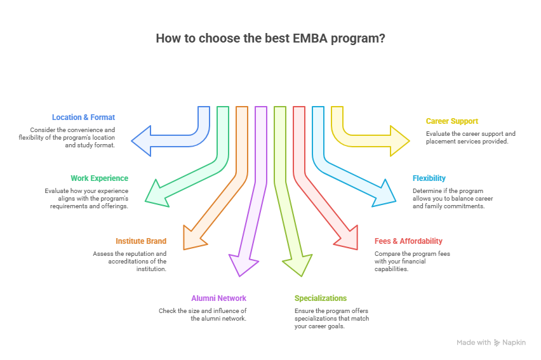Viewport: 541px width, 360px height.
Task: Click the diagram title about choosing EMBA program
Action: (x=270, y=38)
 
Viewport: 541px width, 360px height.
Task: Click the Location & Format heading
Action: (x=83, y=117)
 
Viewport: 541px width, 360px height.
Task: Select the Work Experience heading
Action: (x=99, y=178)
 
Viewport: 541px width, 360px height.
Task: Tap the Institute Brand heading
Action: (x=140, y=241)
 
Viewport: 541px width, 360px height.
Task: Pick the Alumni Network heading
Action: (x=218, y=298)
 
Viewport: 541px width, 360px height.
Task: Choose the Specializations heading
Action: (x=321, y=298)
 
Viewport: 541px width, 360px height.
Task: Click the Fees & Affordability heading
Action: (x=408, y=241)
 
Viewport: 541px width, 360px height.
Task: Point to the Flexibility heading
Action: (x=429, y=178)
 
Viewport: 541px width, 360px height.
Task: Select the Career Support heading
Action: (x=451, y=121)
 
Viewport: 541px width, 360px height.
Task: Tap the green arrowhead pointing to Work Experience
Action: (x=155, y=192)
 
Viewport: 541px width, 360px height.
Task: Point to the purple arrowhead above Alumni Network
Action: (x=239, y=265)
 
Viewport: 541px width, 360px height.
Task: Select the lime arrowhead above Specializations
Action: (x=299, y=265)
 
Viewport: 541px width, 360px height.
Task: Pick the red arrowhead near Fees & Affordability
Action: (x=347, y=238)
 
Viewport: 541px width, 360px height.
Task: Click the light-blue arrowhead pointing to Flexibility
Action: (x=384, y=192)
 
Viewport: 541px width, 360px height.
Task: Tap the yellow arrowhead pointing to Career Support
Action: (x=399, y=140)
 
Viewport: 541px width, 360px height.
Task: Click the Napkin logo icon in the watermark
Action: (x=497, y=343)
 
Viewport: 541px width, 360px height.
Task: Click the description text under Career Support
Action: (x=471, y=138)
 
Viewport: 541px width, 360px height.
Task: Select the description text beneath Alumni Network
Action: (x=203, y=314)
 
